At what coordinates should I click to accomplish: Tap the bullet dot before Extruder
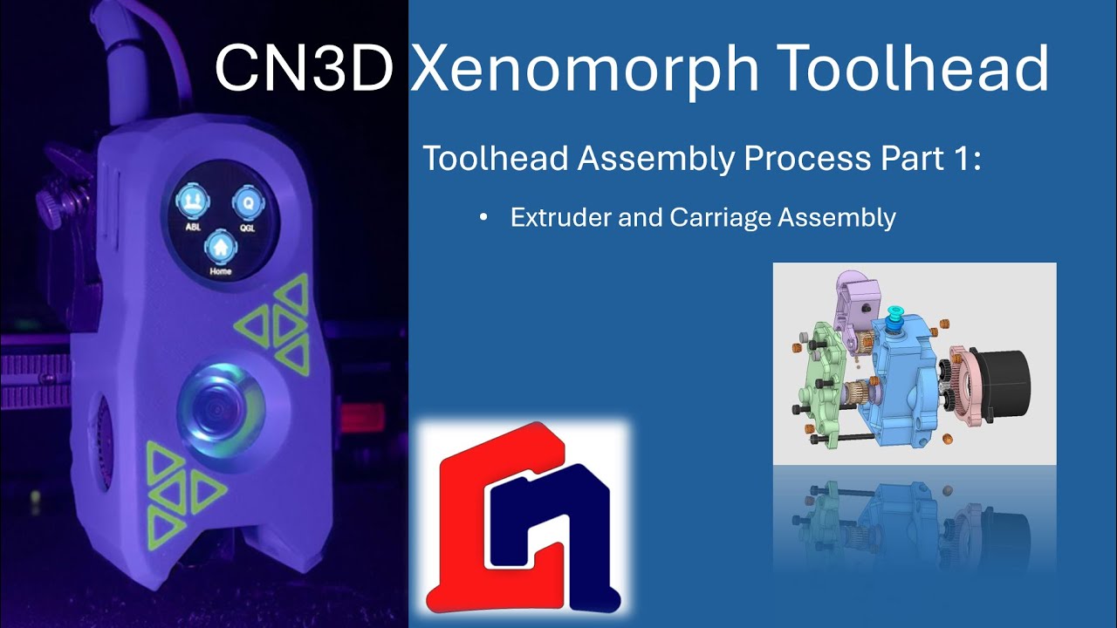click(483, 218)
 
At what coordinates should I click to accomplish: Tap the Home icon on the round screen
click(220, 249)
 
